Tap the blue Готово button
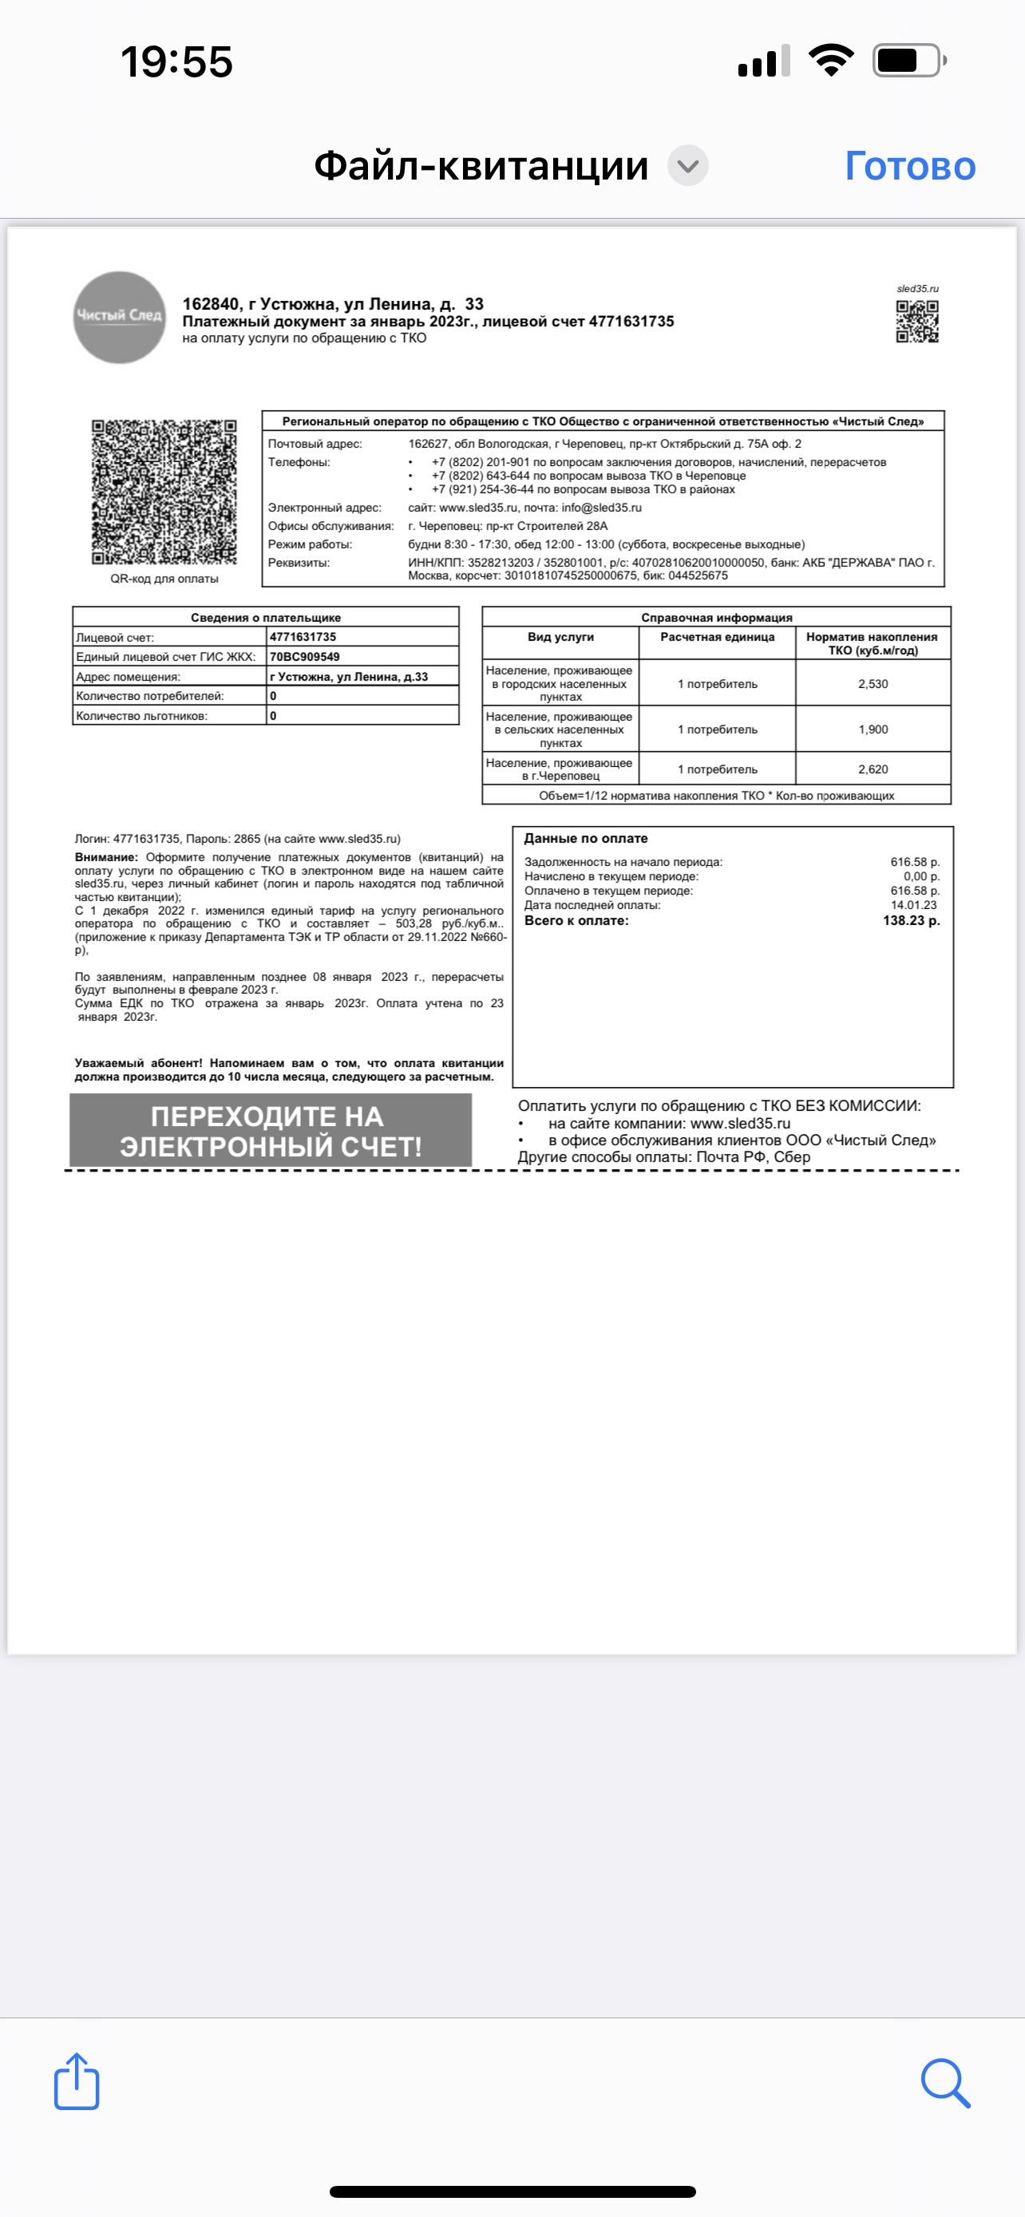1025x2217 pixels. [910, 166]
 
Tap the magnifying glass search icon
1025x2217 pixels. [945, 2082]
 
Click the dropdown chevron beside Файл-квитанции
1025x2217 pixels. [687, 166]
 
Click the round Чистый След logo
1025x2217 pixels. [119, 317]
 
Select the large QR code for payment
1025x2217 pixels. [164, 492]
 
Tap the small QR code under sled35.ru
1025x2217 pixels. [916, 321]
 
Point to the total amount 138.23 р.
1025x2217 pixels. [911, 920]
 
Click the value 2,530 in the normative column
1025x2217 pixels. [873, 683]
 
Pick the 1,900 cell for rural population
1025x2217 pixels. [873, 729]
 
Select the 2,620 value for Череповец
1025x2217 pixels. [873, 769]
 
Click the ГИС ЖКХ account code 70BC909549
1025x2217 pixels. [305, 657]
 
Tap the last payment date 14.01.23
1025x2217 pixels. [913, 904]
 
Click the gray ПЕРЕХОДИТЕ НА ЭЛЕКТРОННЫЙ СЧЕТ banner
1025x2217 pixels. [271, 1131]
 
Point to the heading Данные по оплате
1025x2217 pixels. [586, 838]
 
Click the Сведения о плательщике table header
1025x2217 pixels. [265, 617]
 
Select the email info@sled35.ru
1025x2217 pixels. [602, 508]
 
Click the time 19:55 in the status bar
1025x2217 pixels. [176, 62]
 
